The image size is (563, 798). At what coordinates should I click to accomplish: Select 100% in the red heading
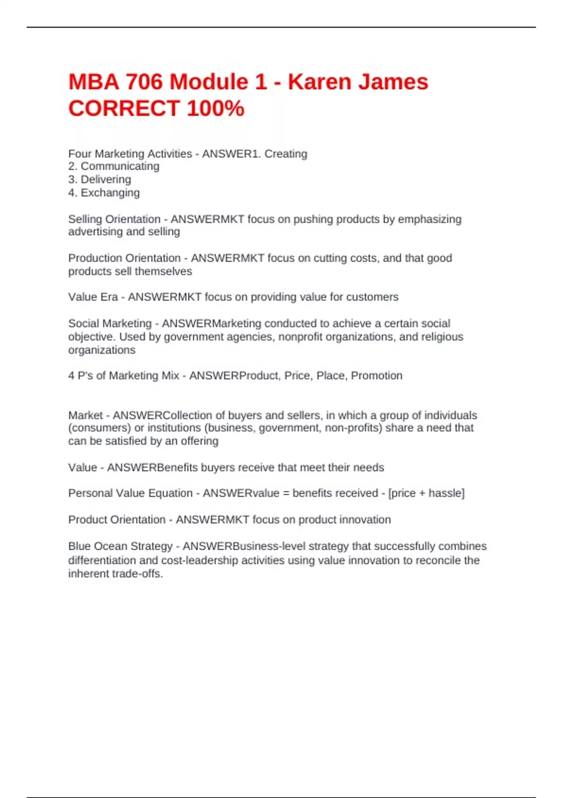click(x=215, y=108)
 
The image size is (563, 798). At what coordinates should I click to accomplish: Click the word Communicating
click(x=120, y=167)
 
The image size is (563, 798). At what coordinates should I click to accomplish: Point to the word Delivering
click(x=106, y=180)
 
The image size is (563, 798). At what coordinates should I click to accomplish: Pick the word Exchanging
click(x=110, y=193)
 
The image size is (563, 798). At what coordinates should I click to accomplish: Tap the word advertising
click(x=95, y=232)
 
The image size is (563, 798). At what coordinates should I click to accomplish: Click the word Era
click(x=107, y=297)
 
